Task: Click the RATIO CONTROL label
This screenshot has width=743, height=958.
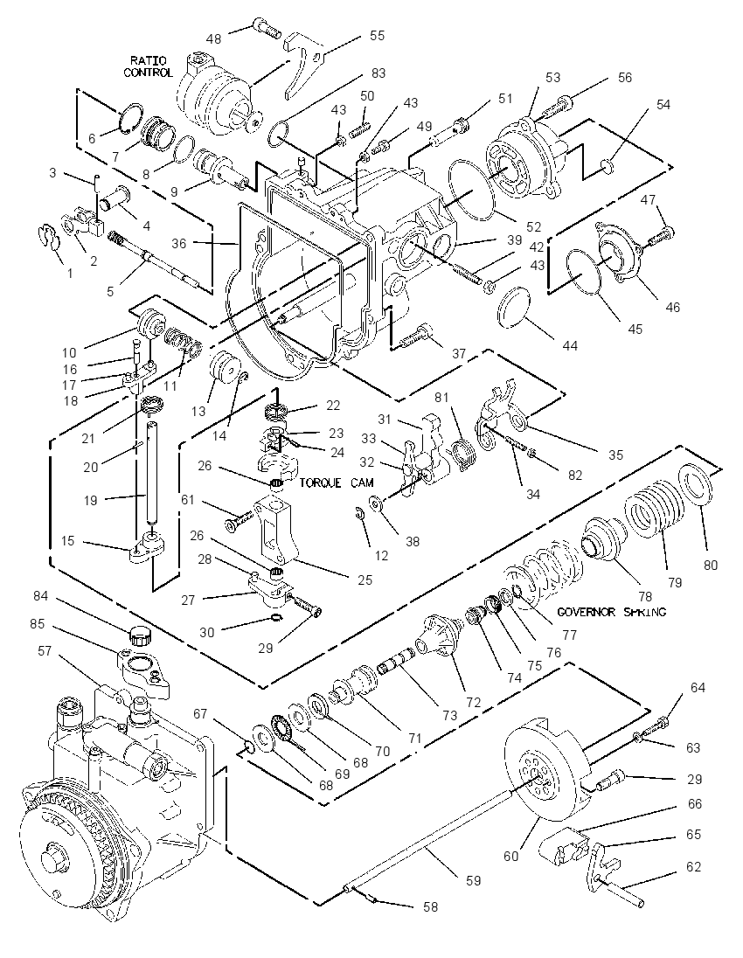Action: click(148, 66)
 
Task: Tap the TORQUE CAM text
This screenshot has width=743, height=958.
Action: click(336, 482)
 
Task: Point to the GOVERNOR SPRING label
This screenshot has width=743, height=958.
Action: click(612, 612)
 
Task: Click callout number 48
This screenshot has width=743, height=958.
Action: click(213, 38)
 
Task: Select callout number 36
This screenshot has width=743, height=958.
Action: click(178, 243)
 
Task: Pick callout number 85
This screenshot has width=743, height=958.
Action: click(38, 625)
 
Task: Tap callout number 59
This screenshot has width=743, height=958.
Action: click(474, 881)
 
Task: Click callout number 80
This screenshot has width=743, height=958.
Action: click(711, 566)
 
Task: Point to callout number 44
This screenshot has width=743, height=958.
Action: click(569, 346)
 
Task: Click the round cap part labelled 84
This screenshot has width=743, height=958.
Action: click(140, 635)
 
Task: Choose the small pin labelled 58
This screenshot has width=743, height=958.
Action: click(371, 896)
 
